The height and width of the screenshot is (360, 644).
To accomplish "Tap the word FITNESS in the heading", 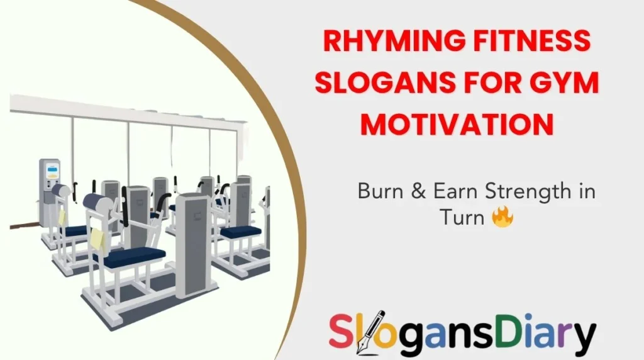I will coord(529,43).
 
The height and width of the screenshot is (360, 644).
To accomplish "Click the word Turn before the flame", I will coord(461,217).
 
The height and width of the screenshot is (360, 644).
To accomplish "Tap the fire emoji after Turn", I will coord(503,217).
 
